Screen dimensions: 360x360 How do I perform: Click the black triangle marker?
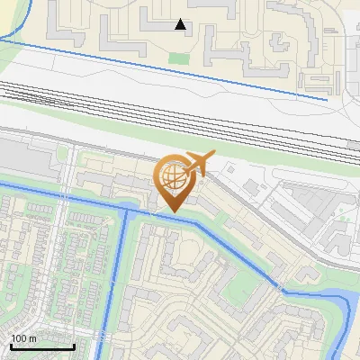click(181, 24)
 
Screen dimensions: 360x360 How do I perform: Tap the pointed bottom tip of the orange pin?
click(170, 212)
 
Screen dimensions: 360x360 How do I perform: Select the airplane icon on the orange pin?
click(198, 163)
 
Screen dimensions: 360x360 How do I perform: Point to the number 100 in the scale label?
click(20, 338)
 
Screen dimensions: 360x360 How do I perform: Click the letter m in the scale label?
click(33, 338)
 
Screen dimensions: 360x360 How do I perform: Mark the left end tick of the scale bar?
click(11, 346)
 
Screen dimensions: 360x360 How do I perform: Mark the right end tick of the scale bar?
click(74, 346)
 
